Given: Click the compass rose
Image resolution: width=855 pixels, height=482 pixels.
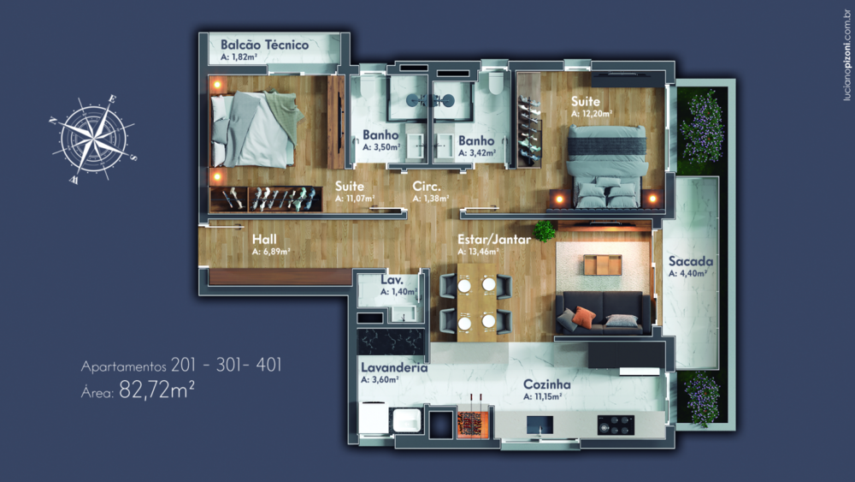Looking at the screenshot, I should click(91, 142).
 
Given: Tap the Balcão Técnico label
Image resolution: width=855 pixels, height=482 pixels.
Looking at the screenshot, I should click(264, 45).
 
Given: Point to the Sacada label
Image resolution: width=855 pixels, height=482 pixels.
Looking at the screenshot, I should click(692, 261).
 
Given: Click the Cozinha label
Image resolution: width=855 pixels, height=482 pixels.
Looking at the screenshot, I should click(547, 384).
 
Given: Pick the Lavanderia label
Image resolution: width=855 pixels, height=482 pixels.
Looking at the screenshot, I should click(394, 368).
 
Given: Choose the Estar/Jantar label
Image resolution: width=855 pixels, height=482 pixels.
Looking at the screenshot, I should click(494, 240).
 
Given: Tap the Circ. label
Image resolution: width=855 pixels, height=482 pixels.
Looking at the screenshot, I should click(426, 186).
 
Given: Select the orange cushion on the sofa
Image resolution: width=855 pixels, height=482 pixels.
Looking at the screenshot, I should click(583, 317).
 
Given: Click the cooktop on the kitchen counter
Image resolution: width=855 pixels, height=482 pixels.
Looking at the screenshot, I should click(616, 424).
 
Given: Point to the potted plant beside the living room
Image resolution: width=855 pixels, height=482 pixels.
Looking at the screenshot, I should click(544, 229).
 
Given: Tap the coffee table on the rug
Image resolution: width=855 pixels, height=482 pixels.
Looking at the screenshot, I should click(604, 264).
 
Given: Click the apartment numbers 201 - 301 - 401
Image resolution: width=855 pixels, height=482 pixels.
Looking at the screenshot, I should click(227, 366).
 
